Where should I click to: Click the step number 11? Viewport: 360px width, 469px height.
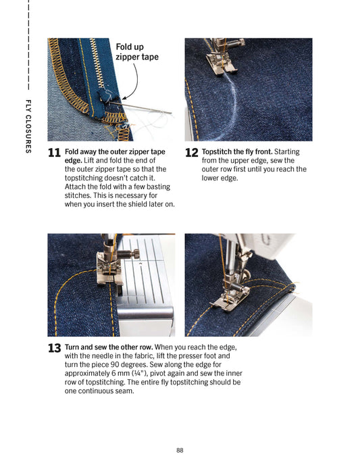coord(55,153)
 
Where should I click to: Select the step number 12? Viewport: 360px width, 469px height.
coord(192,153)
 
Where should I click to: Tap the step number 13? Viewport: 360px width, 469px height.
coord(55,348)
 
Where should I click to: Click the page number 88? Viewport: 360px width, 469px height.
coord(180,449)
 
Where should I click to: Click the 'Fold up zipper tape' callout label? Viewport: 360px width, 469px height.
coord(137,52)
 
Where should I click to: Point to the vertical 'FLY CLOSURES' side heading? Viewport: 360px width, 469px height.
coord(28,126)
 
